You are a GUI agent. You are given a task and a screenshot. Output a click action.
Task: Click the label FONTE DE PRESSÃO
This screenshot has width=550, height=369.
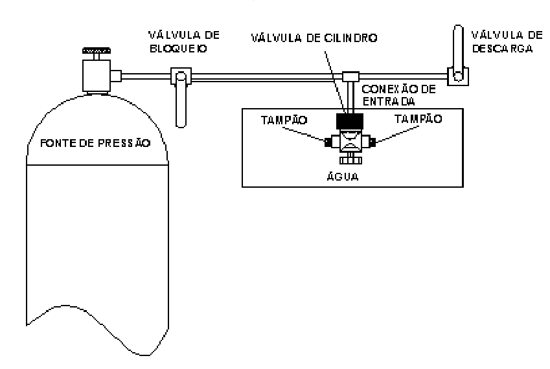click(x=95, y=142)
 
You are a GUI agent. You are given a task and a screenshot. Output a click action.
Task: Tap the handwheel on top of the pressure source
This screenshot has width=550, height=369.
click(x=97, y=50)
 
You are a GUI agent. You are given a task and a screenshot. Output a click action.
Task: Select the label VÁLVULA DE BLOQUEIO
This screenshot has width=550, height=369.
click(x=183, y=41)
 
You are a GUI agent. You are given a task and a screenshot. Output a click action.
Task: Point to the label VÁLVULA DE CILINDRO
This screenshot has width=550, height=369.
click(x=314, y=38)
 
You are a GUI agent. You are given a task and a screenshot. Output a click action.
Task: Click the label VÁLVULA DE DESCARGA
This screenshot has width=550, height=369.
click(x=507, y=41)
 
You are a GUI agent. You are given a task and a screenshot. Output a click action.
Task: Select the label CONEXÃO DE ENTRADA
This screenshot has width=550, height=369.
click(x=399, y=95)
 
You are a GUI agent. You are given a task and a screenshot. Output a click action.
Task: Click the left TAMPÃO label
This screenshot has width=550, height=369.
click(x=284, y=120)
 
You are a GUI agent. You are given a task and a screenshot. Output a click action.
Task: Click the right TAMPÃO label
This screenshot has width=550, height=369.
click(x=418, y=119)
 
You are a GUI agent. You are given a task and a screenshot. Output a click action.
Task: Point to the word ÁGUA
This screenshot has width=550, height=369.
click(x=343, y=175)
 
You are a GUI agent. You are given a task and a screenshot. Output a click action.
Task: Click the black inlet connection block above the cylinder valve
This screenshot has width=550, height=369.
click(x=350, y=121)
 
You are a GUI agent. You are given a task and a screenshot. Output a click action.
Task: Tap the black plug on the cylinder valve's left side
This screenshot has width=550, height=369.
click(x=328, y=142)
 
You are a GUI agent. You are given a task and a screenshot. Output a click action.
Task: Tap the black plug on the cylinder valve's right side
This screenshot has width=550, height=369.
click(x=372, y=142)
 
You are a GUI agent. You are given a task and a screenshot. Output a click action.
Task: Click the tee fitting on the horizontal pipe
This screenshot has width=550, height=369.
click(x=350, y=76)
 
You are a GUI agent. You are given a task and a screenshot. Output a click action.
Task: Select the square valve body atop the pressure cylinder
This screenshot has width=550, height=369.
click(x=97, y=75)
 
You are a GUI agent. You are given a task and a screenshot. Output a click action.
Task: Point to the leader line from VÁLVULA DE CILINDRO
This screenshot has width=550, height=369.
click(x=334, y=82)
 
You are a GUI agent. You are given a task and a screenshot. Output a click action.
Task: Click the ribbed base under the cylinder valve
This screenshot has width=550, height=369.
click(x=350, y=160)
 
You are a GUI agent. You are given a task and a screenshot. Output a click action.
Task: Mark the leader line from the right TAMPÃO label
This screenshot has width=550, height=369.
click(x=397, y=134)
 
